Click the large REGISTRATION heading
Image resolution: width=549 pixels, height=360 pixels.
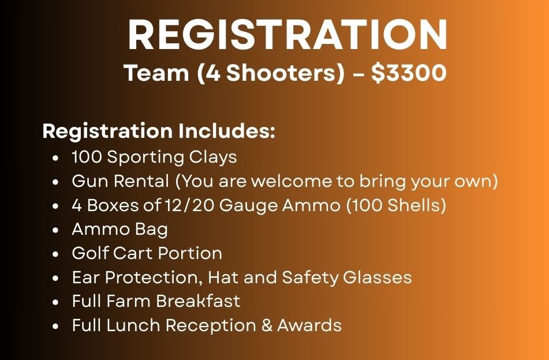click(287, 35)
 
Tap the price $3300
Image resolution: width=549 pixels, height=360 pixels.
click(409, 73)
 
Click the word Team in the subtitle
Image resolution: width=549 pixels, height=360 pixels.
click(156, 73)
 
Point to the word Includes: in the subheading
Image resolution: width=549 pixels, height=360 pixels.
click(226, 131)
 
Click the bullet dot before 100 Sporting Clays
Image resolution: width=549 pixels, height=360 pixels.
click(55, 158)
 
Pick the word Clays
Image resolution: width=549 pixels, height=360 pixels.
click(213, 157)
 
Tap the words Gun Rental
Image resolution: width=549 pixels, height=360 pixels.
click(121, 181)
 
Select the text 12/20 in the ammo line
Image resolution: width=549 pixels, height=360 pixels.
click(189, 205)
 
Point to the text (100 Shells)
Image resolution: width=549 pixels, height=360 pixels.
click(396, 205)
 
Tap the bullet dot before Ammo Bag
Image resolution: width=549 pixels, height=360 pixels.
click(55, 231)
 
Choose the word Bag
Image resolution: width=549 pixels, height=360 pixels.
click(152, 230)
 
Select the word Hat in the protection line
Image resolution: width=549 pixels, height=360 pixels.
click(223, 277)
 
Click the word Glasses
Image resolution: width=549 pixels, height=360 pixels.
click(377, 277)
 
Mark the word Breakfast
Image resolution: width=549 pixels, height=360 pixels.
click(198, 301)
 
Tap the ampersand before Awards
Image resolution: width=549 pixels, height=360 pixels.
click(267, 325)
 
